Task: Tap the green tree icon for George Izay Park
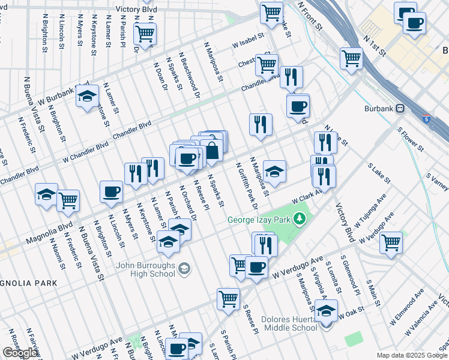click(x=297, y=220)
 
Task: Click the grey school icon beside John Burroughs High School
click(x=185, y=267)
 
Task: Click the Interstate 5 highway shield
click(x=426, y=119)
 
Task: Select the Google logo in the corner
click(x=20, y=353)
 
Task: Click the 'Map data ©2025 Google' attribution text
click(x=412, y=355)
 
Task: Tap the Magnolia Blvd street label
click(x=49, y=235)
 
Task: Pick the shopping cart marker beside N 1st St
click(x=351, y=59)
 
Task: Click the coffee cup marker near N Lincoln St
click(x=111, y=192)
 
